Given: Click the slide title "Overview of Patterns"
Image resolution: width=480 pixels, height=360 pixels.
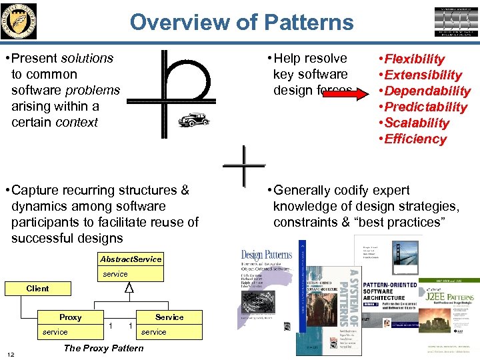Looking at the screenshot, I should coord(241,22).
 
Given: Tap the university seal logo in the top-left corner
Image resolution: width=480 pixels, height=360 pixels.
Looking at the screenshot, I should coord(19,21).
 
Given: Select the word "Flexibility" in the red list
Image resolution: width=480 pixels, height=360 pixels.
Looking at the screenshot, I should coord(415,59).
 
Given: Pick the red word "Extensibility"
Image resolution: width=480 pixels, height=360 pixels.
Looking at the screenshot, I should coord(423,75).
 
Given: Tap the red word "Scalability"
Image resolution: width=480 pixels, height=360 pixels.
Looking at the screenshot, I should coord(417,123).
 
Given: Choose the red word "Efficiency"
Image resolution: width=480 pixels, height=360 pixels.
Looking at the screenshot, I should coord(416,139).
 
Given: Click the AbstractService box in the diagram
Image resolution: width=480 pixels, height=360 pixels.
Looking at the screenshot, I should coord(131,259).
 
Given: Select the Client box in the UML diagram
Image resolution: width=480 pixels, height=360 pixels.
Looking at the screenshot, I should coord(37,289).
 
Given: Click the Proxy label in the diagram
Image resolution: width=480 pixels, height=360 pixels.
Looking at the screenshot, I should coord(71,317).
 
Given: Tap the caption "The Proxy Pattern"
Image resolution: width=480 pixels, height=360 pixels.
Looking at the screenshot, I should coord(103,348).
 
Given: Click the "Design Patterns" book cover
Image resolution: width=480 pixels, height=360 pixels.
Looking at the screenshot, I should coord(266,287).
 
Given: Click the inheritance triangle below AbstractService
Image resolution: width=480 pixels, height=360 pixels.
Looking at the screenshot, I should coord(130,287).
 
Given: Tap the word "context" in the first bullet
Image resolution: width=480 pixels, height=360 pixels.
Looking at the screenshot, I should coord(78,123).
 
